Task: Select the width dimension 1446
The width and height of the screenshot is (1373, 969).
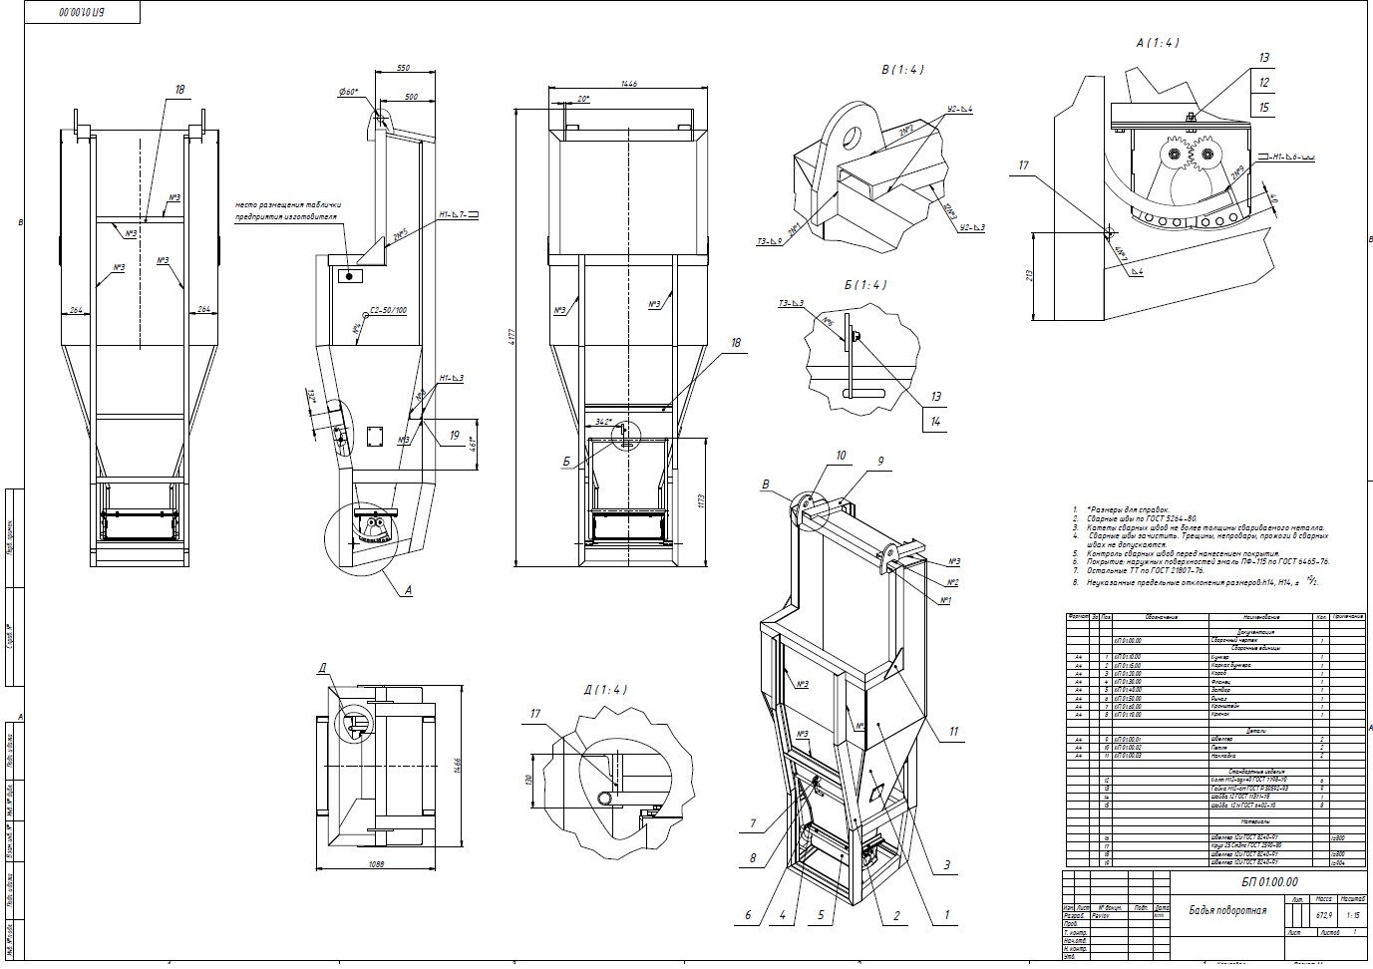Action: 628,85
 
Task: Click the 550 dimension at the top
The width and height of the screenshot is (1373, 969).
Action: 403,68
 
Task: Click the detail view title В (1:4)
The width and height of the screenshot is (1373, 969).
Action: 902,70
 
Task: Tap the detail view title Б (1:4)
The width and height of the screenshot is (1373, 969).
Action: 863,285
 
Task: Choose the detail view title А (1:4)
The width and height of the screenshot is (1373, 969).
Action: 1158,43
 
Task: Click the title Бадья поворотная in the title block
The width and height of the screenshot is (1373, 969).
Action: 1227,910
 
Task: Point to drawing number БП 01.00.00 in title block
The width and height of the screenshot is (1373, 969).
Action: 1269,882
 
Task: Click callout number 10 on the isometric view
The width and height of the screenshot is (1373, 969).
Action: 841,456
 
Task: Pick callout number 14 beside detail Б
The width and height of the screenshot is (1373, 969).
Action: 935,421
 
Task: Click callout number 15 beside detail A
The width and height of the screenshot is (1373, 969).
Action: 1264,108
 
